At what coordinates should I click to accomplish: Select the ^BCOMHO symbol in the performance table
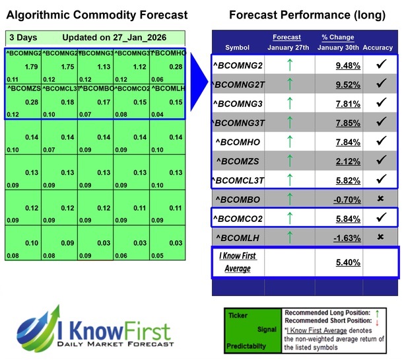click(238, 141)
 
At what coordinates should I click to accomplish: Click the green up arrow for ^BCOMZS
click(289, 161)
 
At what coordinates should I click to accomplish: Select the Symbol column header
click(238, 48)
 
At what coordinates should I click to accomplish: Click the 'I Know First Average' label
click(238, 261)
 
